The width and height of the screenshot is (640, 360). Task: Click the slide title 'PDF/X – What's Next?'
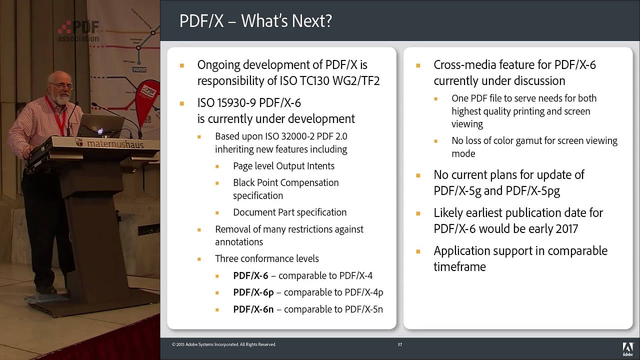pos(255,21)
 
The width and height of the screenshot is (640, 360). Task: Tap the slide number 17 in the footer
pos(400,344)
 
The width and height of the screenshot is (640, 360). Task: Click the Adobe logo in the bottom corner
pos(627,348)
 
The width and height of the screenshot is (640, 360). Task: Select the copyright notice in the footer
pos(224,344)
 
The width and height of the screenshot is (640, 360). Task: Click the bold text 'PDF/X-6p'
pos(253,292)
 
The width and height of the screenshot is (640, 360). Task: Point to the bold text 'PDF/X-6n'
pos(253,309)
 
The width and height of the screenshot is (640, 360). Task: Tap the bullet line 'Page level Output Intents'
pos(283,166)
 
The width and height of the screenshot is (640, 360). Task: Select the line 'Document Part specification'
pos(289,212)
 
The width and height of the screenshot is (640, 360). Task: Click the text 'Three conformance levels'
pos(266,258)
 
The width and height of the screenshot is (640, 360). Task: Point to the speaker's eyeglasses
pos(62,86)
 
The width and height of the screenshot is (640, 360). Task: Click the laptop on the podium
pos(100,125)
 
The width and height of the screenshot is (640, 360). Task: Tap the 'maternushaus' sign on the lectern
pos(115,144)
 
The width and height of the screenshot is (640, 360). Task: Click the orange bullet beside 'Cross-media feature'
pos(418,65)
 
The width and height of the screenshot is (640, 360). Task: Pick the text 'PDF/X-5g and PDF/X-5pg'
pos(496,191)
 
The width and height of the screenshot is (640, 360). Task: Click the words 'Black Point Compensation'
pos(285,183)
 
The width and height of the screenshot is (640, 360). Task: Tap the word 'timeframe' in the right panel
pos(459,267)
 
